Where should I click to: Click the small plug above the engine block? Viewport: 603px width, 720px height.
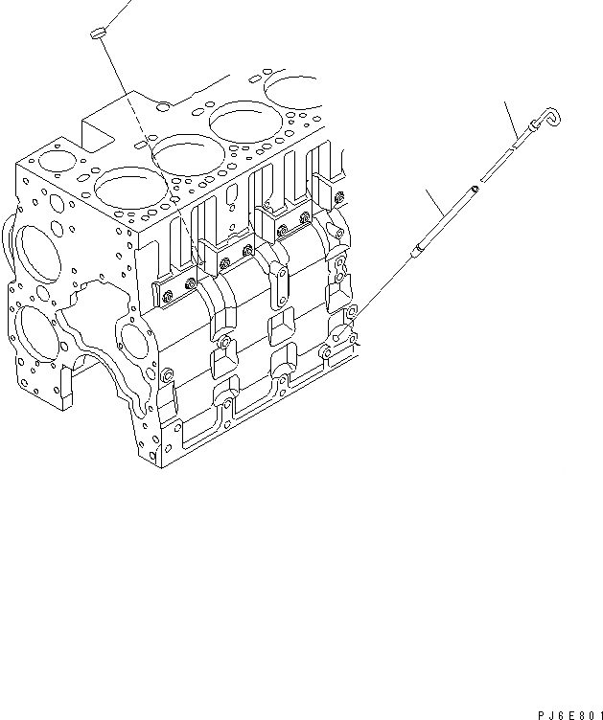click(97, 35)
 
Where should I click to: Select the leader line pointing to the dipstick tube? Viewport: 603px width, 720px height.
click(441, 212)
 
